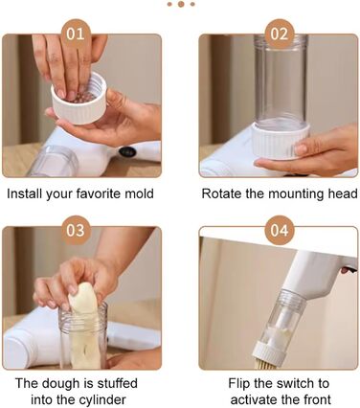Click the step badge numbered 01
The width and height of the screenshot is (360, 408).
[76, 34]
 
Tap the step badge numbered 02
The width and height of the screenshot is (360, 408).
[280, 34]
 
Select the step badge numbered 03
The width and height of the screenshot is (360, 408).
[76, 230]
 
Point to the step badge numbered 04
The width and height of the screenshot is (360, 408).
[280, 230]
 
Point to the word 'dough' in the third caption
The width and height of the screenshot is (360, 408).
[56, 383]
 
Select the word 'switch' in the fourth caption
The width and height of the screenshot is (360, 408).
[279, 383]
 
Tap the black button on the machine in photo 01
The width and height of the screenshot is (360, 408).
[127, 151]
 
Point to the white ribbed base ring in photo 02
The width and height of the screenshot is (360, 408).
[281, 141]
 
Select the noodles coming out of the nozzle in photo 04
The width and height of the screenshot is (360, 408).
[265, 364]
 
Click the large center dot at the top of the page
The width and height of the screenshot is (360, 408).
[181, 4]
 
